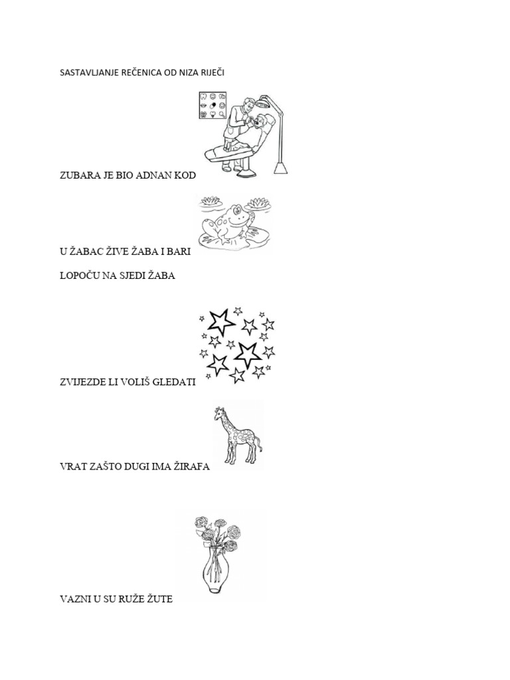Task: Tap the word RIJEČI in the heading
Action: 214,72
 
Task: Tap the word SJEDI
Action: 131,276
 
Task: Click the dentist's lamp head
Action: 263,102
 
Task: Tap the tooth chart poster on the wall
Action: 212,105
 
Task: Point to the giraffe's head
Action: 219,414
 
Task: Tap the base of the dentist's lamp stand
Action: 281,168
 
